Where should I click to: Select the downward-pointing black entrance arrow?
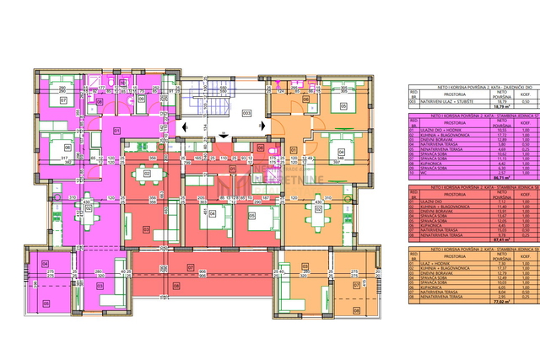[x=222, y=134]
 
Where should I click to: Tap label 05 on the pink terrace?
[x=46, y=303]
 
